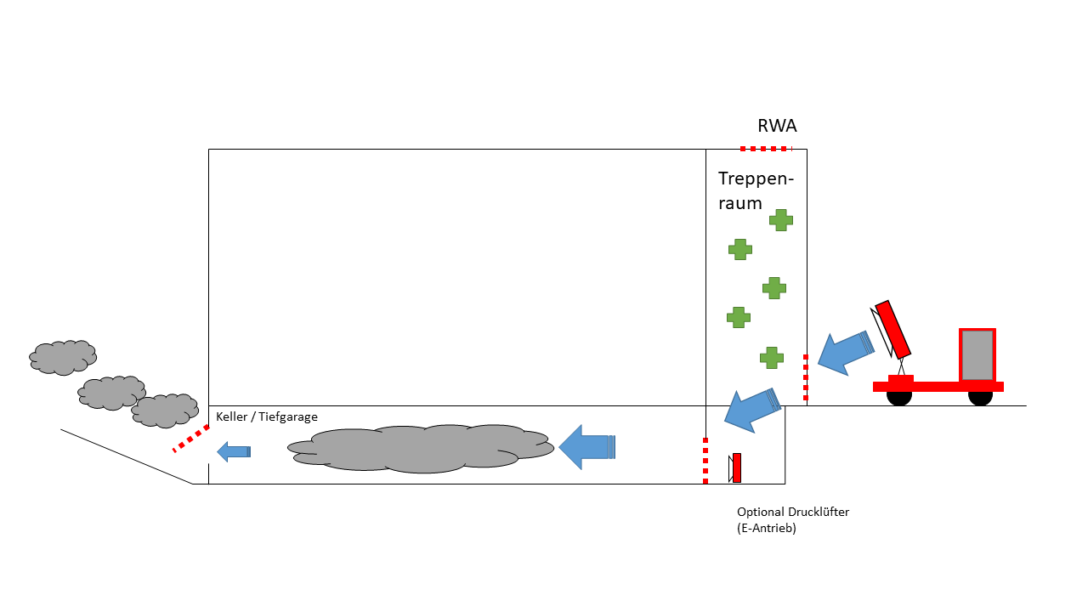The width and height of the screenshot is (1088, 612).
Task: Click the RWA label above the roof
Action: click(777, 127)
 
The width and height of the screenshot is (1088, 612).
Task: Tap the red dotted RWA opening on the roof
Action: click(764, 149)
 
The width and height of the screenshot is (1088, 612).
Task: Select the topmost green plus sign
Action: click(780, 220)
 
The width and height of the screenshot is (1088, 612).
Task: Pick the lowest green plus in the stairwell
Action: click(771, 357)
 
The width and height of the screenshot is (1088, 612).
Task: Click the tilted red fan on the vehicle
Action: click(893, 329)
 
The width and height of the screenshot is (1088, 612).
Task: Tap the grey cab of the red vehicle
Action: click(977, 354)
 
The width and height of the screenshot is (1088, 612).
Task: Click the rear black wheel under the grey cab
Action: click(980, 397)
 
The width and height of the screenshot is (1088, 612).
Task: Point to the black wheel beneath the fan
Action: click(899, 397)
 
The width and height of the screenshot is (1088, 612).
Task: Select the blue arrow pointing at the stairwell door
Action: click(844, 352)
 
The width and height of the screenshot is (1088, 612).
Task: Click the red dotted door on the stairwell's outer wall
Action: click(806, 377)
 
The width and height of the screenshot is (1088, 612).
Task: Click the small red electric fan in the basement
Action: click(737, 467)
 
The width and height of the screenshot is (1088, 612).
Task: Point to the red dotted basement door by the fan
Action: click(705, 460)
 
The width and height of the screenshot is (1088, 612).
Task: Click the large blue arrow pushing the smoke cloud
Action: click(586, 446)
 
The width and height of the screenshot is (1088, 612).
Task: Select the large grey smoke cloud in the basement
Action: click(421, 448)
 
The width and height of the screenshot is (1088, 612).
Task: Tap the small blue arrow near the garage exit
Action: click(234, 451)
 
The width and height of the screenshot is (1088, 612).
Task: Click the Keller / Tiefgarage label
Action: click(266, 417)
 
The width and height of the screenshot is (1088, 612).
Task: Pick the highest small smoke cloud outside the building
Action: click(63, 357)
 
